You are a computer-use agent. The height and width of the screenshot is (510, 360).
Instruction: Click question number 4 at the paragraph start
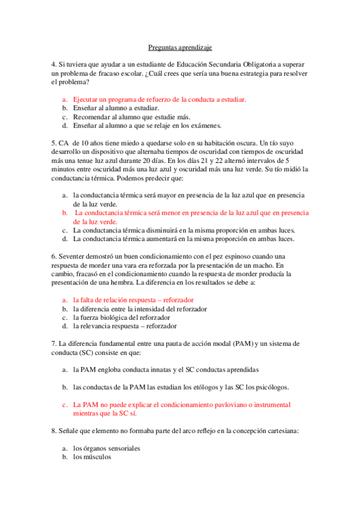53,64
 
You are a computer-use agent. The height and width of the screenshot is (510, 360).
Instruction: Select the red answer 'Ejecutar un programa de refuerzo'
159,99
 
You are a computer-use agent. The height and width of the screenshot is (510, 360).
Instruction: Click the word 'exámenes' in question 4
206,126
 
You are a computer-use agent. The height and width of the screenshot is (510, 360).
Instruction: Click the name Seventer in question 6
75,256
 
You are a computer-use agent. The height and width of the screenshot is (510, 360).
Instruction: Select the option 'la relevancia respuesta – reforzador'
124,326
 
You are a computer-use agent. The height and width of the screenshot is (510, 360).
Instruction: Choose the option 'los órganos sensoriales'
106,449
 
